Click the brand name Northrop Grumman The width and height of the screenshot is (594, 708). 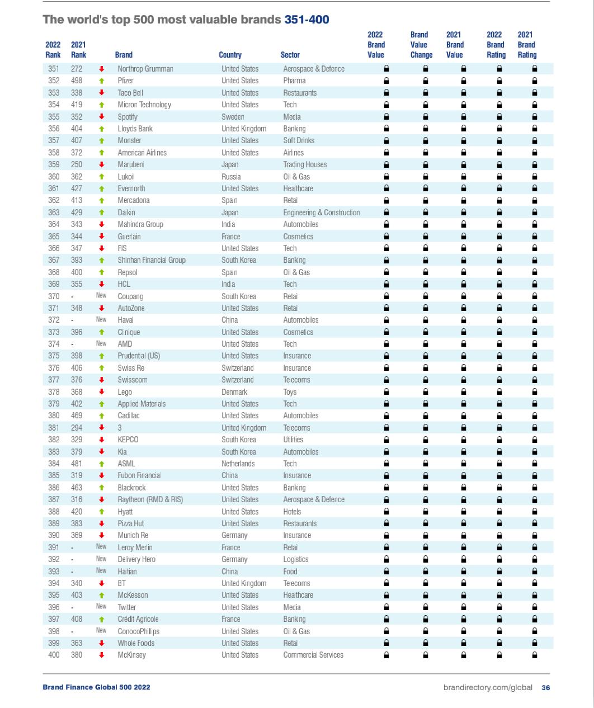(x=145, y=69)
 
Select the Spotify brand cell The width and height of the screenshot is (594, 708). (x=128, y=117)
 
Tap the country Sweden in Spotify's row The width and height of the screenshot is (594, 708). (x=233, y=117)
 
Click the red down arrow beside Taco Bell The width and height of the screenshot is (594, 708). (x=102, y=93)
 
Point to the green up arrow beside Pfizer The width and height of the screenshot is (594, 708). (x=102, y=81)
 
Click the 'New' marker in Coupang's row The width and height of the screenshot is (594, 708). (x=101, y=296)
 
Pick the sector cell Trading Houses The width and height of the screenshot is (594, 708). (x=305, y=164)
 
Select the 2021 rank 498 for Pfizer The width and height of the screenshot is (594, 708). (x=77, y=81)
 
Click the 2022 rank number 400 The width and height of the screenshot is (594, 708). (x=54, y=655)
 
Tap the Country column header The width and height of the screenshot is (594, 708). (x=230, y=55)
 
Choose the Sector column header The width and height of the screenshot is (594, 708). (x=290, y=55)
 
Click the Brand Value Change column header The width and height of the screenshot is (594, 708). (x=421, y=45)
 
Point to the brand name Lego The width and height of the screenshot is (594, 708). (x=125, y=392)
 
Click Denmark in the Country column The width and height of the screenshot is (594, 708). (x=234, y=392)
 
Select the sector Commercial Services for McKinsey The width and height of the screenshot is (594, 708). (x=313, y=655)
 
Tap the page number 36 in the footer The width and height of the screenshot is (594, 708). (x=545, y=687)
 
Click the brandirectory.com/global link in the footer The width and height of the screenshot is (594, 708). (x=488, y=687)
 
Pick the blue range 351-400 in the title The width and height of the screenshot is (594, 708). (x=307, y=20)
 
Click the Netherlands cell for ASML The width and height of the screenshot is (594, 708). (x=238, y=464)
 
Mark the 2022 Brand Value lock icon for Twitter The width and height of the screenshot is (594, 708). (x=386, y=607)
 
